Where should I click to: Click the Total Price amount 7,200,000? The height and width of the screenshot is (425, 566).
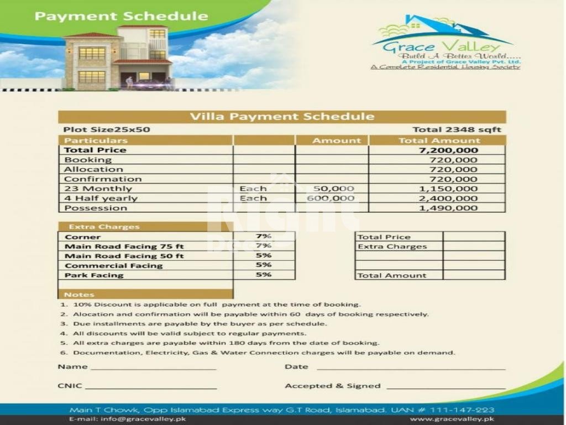tap(448, 150)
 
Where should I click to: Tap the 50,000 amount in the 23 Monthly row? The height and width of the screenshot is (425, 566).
tap(333, 189)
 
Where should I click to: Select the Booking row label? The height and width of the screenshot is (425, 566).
tap(88, 160)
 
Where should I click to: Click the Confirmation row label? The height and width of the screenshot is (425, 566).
tap(103, 179)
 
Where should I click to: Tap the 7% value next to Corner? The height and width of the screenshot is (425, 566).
tap(264, 236)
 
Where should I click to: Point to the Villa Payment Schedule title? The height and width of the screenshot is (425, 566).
tap(282, 117)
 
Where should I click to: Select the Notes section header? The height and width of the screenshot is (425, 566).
tap(79, 294)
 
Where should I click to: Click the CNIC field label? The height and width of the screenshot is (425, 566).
tap(70, 386)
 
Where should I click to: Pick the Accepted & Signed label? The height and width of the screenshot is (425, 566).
tap(332, 386)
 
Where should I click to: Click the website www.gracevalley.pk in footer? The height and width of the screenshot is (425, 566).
tap(452, 419)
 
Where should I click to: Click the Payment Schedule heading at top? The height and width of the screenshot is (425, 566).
tap(121, 15)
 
